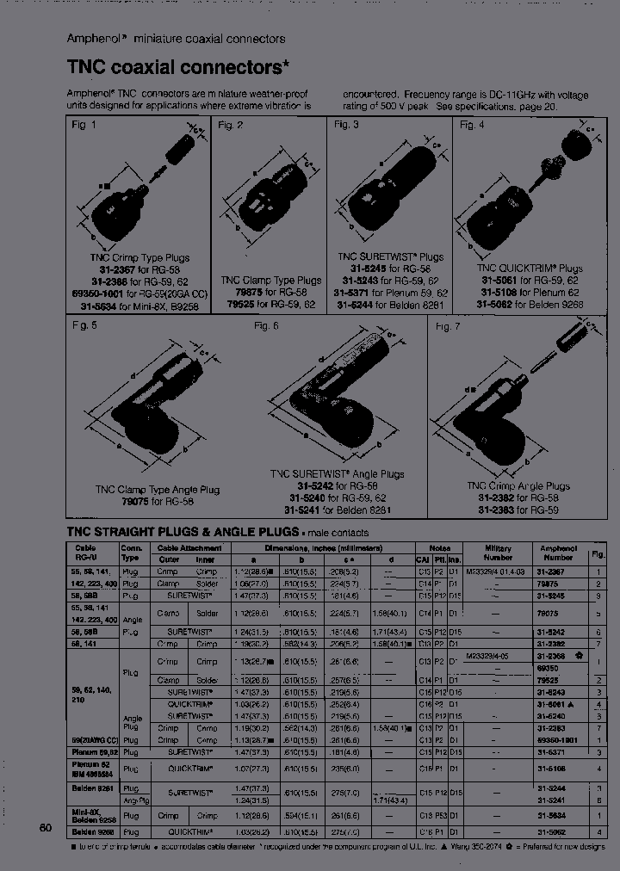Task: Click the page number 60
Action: coord(46,828)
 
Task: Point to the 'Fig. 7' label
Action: coord(448,327)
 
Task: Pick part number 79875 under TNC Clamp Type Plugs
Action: coord(237,292)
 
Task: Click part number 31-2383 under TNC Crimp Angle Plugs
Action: coord(497,509)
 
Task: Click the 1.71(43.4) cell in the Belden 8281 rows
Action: coord(391,800)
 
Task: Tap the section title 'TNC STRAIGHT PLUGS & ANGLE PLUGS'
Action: coord(182,532)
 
